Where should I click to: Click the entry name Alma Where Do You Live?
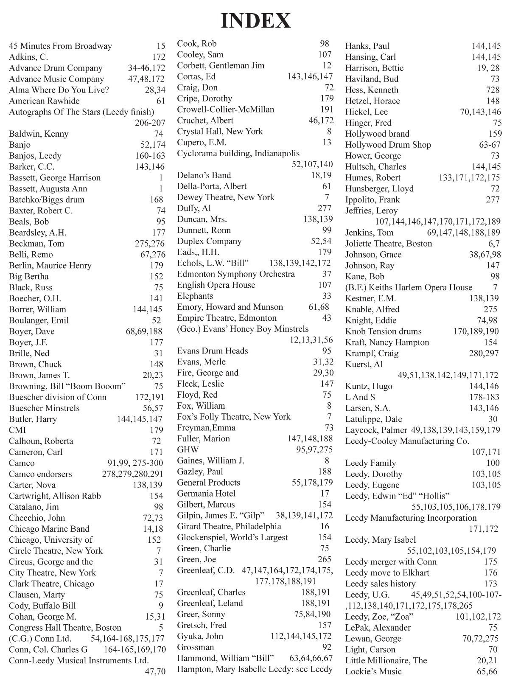click(x=59, y=90)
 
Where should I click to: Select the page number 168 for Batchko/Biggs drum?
click(x=156, y=199)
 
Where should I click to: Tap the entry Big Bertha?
click(x=29, y=277)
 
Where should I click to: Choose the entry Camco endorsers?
click(x=40, y=474)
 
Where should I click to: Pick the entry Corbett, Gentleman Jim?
click(x=221, y=66)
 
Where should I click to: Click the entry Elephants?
click(x=195, y=296)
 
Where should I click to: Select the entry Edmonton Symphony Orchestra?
click(x=236, y=274)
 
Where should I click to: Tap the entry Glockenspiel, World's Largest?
click(x=232, y=538)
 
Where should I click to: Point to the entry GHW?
click(x=188, y=450)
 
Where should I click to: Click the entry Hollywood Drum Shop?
click(x=388, y=145)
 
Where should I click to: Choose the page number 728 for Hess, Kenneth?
click(x=493, y=90)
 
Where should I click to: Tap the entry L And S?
click(x=360, y=397)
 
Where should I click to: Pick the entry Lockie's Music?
click(x=373, y=672)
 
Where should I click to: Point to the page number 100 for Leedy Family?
click(x=493, y=463)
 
